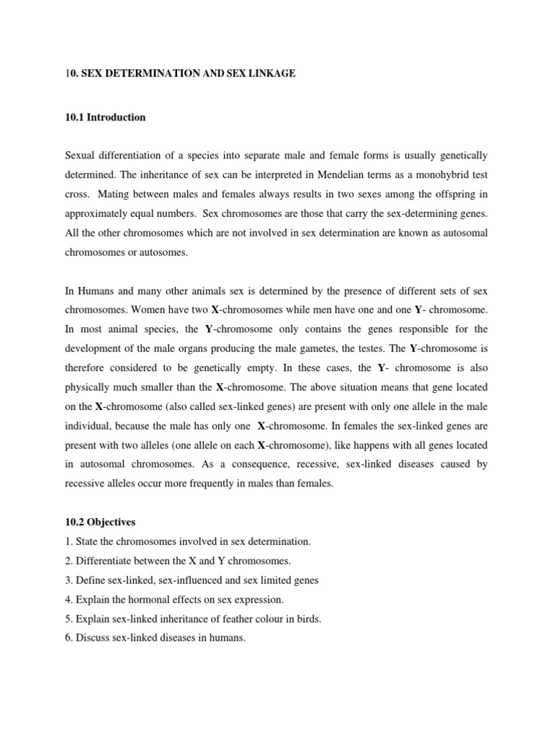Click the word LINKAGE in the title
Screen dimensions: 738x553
tap(273, 74)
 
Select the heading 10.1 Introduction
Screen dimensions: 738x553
tap(105, 117)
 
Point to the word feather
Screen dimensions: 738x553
tap(228, 618)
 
